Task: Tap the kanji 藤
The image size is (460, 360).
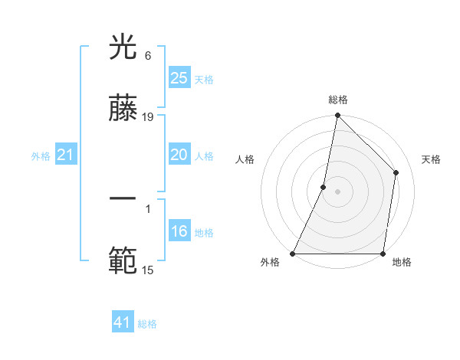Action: (x=123, y=110)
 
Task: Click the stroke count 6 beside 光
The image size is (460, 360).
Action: (x=147, y=56)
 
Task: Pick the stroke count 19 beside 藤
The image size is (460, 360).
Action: (x=148, y=117)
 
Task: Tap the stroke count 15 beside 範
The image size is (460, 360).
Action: (x=148, y=270)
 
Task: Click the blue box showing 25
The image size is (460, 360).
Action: (x=179, y=77)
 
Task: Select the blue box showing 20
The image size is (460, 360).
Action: (x=179, y=155)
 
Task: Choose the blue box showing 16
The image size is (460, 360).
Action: (x=179, y=231)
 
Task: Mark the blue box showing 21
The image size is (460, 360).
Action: (x=66, y=155)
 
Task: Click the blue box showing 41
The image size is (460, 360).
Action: (x=123, y=322)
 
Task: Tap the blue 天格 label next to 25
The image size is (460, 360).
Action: (x=204, y=79)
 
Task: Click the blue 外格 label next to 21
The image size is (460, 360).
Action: (x=41, y=156)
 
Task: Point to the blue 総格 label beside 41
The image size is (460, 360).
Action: (x=147, y=324)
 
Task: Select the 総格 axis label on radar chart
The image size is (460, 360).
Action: (x=338, y=100)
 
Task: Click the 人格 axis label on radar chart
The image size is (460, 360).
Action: (x=245, y=159)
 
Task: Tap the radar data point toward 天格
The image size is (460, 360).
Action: (x=396, y=172)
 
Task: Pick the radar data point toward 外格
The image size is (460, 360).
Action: (x=293, y=254)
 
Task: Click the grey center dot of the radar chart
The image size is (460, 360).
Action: (x=338, y=191)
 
